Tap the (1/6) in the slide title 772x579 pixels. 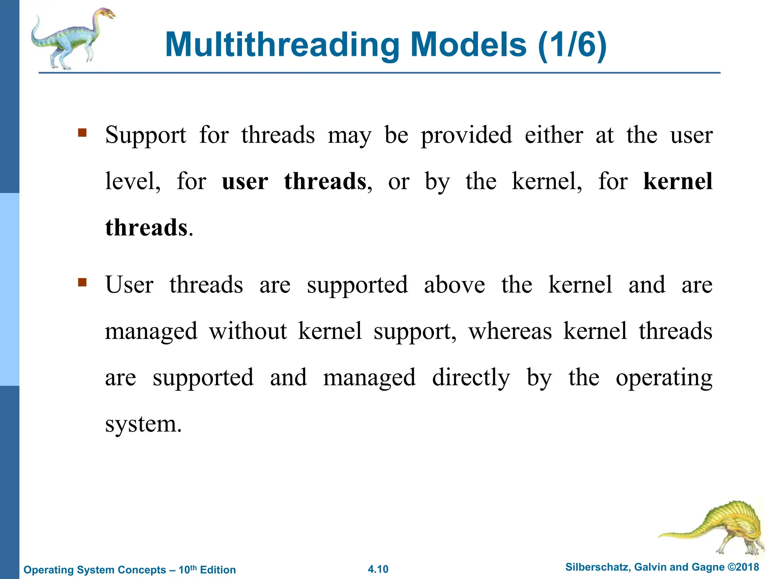point(572,45)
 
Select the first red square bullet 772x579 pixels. point(82,133)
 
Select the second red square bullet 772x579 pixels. point(82,282)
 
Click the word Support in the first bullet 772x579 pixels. point(146,135)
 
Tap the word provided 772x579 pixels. point(466,135)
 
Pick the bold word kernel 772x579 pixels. point(677,181)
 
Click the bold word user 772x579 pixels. point(245,182)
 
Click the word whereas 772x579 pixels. point(510,332)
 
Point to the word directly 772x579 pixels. point(471,378)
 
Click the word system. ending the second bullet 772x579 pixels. point(143,424)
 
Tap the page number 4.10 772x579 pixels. point(378,569)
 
